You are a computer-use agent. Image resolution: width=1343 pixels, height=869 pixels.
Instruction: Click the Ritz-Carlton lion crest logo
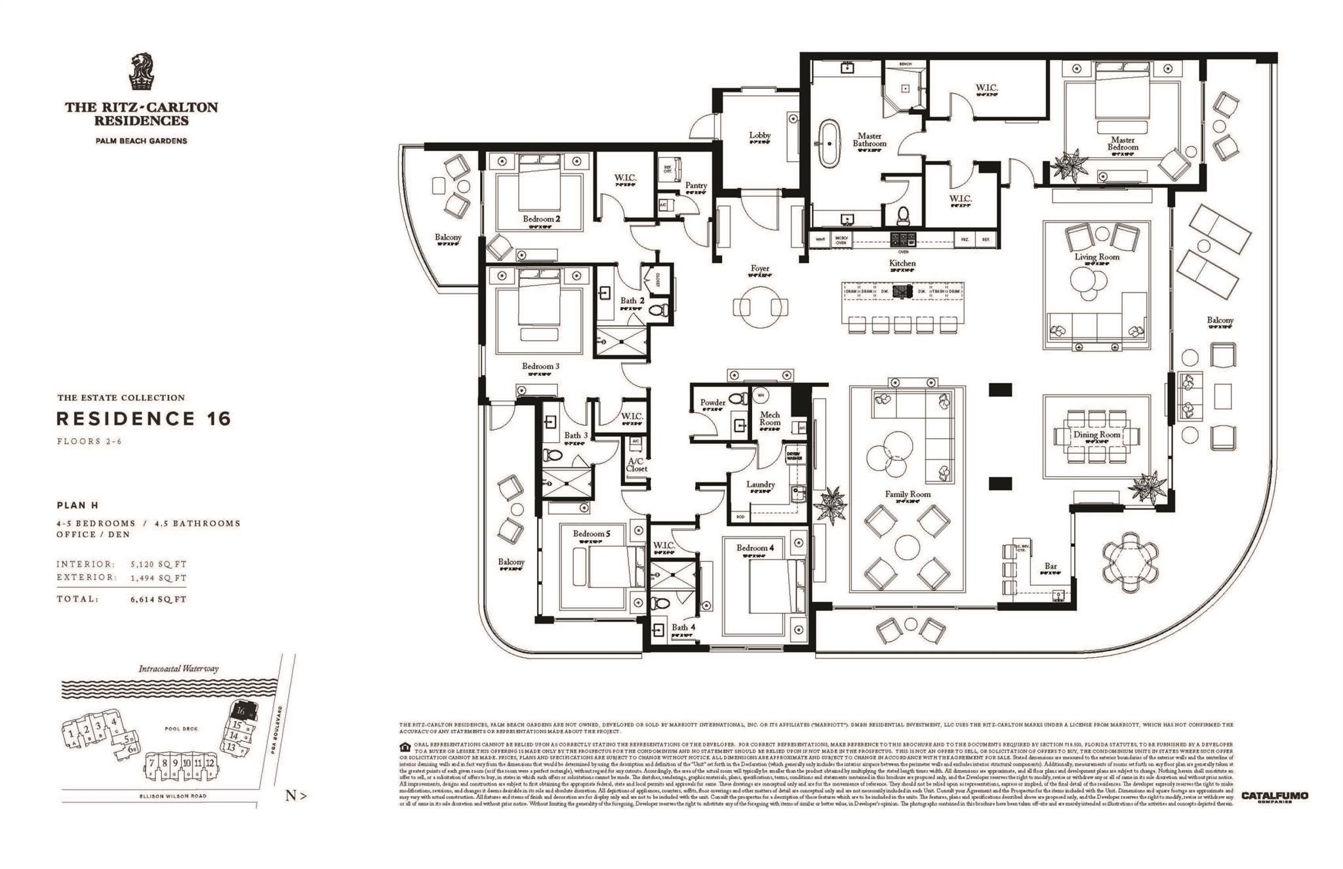pyautogui.click(x=142, y=71)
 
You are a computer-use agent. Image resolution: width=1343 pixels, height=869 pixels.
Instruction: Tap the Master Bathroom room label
pyautogui.click(x=870, y=140)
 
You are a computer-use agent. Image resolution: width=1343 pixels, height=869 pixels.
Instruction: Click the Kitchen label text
pyautogui.click(x=902, y=263)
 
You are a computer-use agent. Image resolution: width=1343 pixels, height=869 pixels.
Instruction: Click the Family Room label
pyautogui.click(x=908, y=494)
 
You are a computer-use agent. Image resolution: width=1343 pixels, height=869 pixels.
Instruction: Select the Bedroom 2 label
pyautogui.click(x=541, y=218)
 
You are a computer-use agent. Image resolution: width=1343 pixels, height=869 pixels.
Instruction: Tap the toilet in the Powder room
pyautogui.click(x=739, y=398)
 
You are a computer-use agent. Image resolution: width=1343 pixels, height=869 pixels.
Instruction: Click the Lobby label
pyautogui.click(x=760, y=135)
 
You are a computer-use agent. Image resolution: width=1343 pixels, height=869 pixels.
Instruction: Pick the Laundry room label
pyautogui.click(x=761, y=484)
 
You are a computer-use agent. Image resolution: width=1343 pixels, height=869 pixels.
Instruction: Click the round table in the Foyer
pyautogui.click(x=760, y=306)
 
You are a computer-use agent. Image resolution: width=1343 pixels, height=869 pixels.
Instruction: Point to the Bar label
pyautogui.click(x=1051, y=566)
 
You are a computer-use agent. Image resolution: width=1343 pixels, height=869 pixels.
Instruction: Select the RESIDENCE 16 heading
pyautogui.click(x=144, y=418)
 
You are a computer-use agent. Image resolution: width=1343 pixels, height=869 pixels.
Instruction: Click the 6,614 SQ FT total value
pyautogui.click(x=158, y=599)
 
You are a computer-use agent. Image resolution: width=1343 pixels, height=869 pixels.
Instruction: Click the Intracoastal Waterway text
pyautogui.click(x=178, y=669)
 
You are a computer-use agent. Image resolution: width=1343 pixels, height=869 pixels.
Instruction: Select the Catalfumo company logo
pyautogui.click(x=1274, y=796)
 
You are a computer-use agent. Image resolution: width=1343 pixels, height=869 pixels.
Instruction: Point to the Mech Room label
pyautogui.click(x=770, y=418)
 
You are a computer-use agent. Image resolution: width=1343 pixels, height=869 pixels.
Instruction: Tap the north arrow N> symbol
pyautogui.click(x=296, y=796)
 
